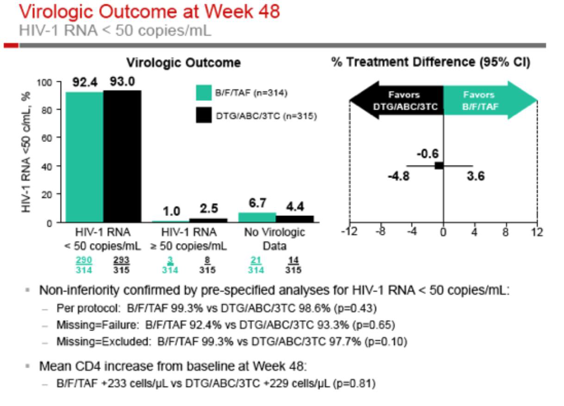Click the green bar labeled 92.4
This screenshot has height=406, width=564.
pyautogui.click(x=84, y=157)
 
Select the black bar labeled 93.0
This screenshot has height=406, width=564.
pyautogui.click(x=122, y=156)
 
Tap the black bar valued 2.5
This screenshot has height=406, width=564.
pyautogui.click(x=208, y=220)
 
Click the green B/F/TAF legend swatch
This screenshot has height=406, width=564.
pyautogui.click(x=203, y=92)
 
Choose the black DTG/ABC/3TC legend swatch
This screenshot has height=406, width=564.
pyautogui.click(x=203, y=116)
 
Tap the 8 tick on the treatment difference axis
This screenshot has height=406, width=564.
pyautogui.click(x=506, y=232)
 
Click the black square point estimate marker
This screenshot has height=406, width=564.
pyautogui.click(x=439, y=166)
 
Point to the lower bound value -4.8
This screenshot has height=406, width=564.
pyautogui.click(x=398, y=176)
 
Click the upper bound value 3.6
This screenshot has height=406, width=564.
pyautogui.click(x=476, y=176)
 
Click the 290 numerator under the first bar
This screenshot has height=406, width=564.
pyautogui.click(x=85, y=259)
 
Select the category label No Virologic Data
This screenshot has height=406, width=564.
pyautogui.click(x=274, y=239)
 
